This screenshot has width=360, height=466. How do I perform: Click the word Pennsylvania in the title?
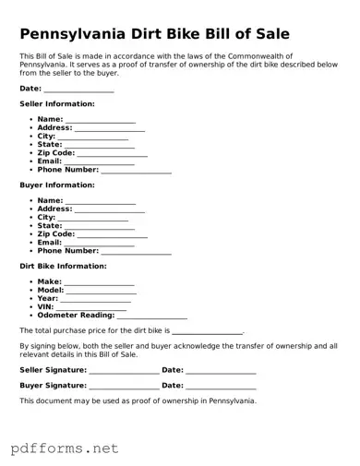tap(80, 33)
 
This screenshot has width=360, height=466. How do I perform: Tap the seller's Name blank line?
tap(100, 121)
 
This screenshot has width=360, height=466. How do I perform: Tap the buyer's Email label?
tap(49, 243)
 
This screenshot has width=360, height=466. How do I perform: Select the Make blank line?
tap(99, 283)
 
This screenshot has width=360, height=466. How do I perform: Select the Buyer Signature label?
tap(54, 385)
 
